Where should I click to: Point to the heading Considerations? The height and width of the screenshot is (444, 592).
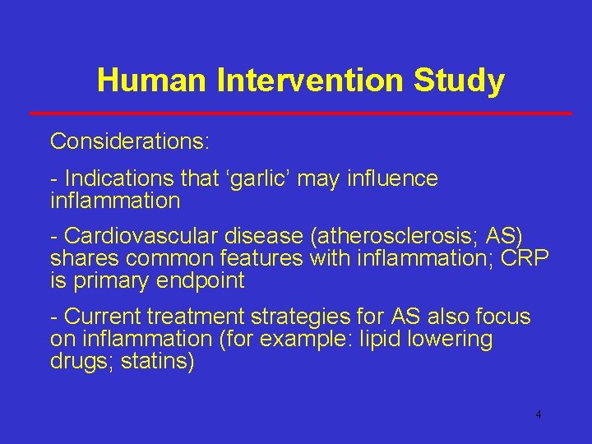tap(130, 141)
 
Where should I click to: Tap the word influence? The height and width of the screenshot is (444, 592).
tap(392, 178)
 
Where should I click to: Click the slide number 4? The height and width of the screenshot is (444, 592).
tap(539, 414)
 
